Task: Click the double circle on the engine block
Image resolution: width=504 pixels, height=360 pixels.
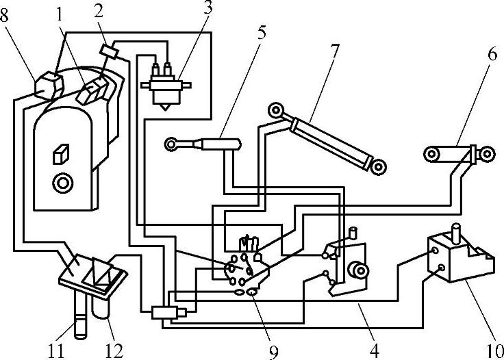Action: [64, 183]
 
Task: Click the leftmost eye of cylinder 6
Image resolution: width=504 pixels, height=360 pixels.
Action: [432, 154]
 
